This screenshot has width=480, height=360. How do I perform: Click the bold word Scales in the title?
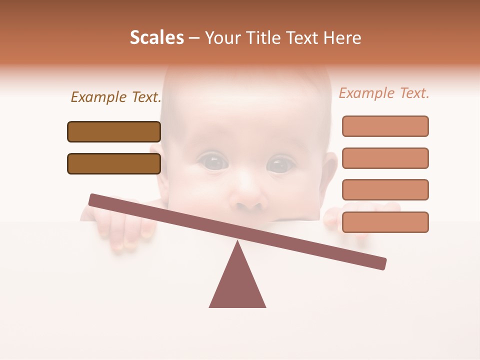pos(156,38)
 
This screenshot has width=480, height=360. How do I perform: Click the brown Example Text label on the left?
pos(116,97)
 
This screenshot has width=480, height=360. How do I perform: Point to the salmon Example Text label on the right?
pos(384,93)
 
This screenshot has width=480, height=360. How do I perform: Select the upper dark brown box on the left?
pos(114,132)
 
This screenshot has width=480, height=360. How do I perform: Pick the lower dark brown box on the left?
pos(114,164)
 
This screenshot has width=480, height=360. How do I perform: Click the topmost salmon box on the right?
pos(385,126)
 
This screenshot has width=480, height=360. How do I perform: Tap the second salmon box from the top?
pos(385,158)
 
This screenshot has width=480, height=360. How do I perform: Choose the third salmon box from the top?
pos(385,190)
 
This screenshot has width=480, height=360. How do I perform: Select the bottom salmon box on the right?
pos(385,222)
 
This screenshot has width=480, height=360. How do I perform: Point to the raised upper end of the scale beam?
pos(95,200)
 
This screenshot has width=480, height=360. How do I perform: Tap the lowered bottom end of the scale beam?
pos(380,263)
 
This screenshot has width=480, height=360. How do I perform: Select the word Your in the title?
pos(221,38)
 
